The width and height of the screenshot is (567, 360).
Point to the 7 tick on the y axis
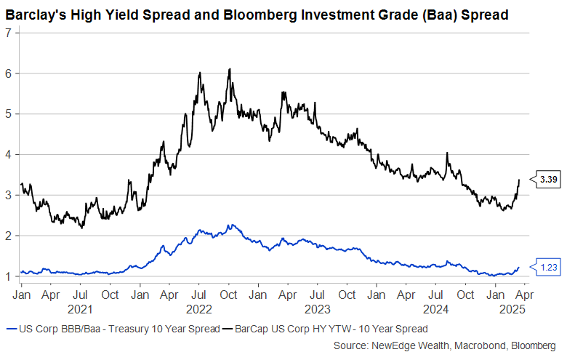point(8,33)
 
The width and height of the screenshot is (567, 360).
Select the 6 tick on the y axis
point(8,73)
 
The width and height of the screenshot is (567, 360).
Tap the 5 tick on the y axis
point(8,114)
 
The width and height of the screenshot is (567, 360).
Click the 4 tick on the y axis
point(8,155)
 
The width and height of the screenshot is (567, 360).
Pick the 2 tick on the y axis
point(8,236)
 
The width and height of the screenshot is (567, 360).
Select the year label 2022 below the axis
point(198,309)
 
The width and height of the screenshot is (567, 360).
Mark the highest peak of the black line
point(230,69)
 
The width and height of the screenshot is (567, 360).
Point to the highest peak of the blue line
point(230,225)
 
